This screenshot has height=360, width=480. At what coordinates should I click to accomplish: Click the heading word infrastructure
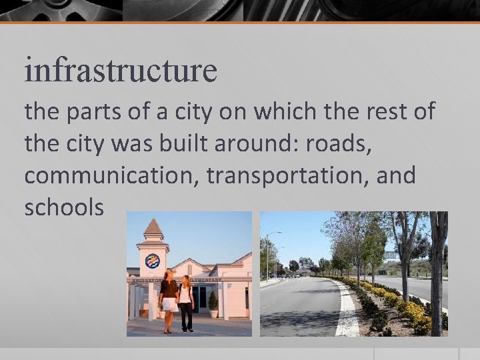tap(121, 70)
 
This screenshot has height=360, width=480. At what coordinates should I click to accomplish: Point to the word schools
tap(64, 207)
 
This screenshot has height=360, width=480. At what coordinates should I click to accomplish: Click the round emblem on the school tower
tap(153, 261)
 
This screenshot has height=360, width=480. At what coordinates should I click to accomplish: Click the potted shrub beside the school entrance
tap(213, 304)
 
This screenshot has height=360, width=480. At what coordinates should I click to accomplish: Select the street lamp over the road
tap(268, 252)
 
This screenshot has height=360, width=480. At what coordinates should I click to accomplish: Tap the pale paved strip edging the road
tap(347, 313)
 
